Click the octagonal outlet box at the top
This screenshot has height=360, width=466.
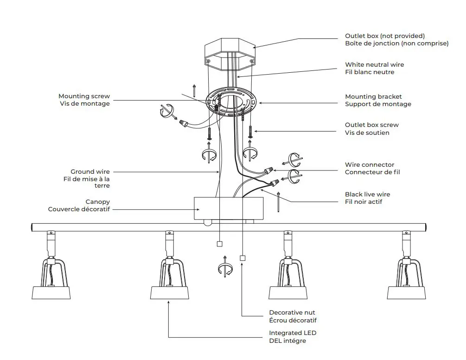[230, 53]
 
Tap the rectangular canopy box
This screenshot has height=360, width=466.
[228, 208]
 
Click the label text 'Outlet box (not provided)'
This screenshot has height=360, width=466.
[384, 36]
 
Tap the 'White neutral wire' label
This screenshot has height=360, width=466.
[374, 65]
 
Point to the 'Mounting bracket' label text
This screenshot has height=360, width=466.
[373, 96]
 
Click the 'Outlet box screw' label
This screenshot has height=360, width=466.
[371, 125]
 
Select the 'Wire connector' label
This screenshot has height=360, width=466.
[370, 164]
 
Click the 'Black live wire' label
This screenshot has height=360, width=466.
[367, 194]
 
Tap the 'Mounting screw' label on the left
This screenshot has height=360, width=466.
[84, 96]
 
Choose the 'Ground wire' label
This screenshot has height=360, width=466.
[90, 172]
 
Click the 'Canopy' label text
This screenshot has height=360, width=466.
[97, 202]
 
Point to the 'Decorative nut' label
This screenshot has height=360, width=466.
[292, 313]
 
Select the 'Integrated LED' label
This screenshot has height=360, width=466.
[293, 333]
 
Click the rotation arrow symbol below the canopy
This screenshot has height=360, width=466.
[224, 267]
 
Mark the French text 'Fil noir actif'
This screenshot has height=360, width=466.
[364, 202]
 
